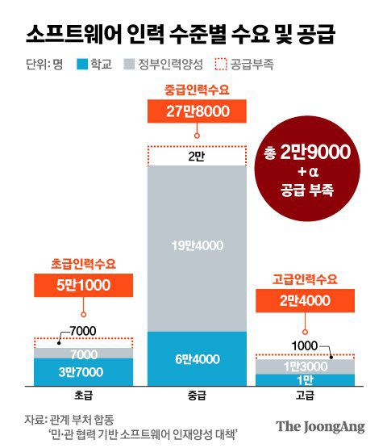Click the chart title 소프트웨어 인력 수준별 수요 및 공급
coord(179,35)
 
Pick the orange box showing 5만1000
coord(84,286)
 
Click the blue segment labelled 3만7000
coord(84,371)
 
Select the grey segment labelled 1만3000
coord(305,366)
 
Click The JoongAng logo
coord(320,426)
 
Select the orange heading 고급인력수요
coord(305,279)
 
